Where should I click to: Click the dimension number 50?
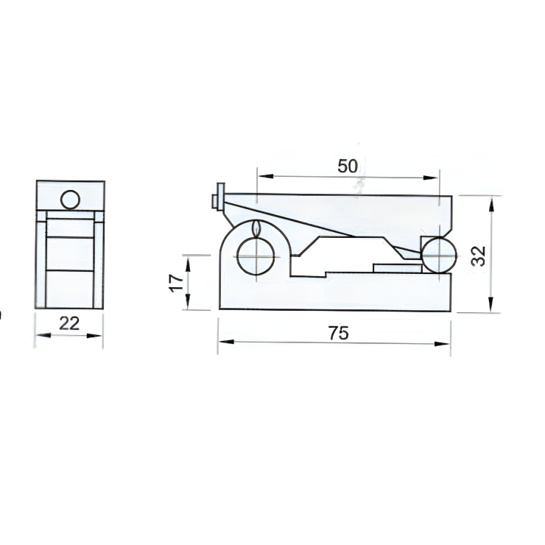348,166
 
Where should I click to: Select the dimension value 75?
337,333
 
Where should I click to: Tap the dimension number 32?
479,255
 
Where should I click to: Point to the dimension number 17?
174,283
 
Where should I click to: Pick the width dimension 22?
69,323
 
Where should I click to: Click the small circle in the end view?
70,200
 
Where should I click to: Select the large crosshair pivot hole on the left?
256,256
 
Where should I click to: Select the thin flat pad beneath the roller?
395,268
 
